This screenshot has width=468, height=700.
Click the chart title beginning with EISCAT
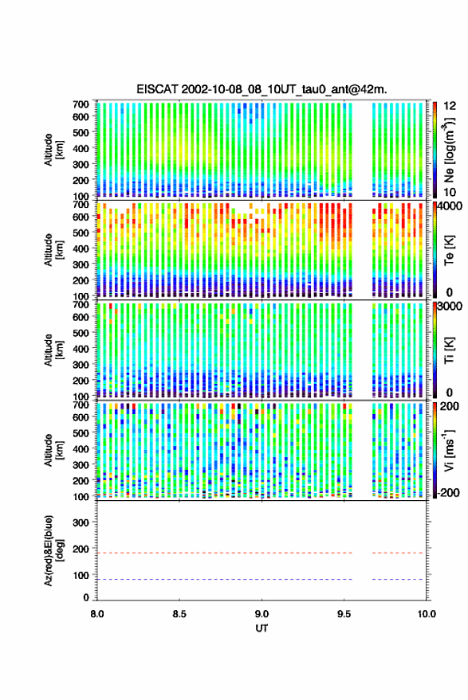tap(262, 89)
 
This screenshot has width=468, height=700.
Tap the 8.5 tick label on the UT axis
tap(179, 614)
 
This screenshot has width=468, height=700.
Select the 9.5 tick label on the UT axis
tap(344, 614)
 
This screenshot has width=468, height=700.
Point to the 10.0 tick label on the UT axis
tap(427, 614)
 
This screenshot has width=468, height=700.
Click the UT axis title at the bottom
tap(262, 628)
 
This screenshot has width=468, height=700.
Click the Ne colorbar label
tap(449, 150)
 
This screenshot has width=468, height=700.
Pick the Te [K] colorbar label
tap(449, 250)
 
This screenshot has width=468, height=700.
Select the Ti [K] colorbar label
tap(449, 350)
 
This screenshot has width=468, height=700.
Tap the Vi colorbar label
tap(449, 450)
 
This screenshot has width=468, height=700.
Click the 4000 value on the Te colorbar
tap(449, 207)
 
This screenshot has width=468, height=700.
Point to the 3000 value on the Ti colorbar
tap(450, 307)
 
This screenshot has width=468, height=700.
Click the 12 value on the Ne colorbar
tap(450, 106)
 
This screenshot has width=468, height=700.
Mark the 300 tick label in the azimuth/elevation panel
tap(81, 522)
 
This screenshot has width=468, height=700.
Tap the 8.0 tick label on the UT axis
tap(97, 614)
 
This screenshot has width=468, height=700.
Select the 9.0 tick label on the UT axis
tap(262, 614)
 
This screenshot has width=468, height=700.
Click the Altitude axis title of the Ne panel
tap(53, 150)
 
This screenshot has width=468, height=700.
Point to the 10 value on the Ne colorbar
tap(450, 192)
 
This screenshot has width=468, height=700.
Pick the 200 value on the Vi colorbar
tap(450, 406)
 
